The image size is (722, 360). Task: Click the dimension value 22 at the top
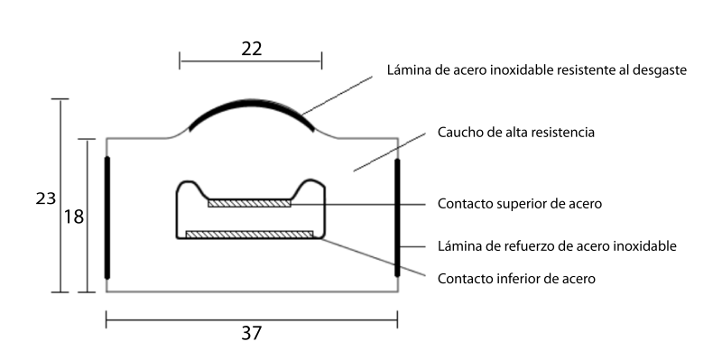coord(252,49)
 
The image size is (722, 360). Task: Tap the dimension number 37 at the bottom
coord(252,333)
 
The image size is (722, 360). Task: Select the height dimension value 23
coord(46,198)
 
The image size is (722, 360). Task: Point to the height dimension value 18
coord(74,217)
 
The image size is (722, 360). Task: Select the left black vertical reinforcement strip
coord(107,217)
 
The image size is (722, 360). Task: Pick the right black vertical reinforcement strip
coord(397,217)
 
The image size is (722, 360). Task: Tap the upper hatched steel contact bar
coord(249,203)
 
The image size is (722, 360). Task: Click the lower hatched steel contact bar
coord(249,235)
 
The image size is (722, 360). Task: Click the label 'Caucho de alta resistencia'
coord(515,133)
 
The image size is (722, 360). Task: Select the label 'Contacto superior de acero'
coord(520,204)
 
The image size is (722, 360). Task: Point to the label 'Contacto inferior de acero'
coord(516,279)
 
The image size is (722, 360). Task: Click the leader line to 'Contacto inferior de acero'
coord(373,258)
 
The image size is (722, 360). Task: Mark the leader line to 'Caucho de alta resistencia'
coord(390,152)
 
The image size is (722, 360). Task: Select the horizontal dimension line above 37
coord(252,319)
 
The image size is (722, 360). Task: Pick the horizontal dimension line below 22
coord(251,60)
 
